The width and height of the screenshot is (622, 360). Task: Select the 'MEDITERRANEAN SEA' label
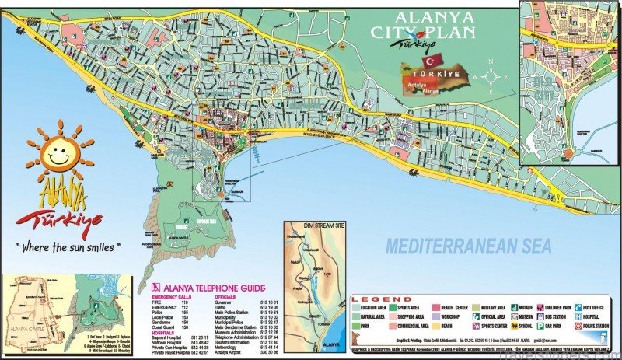[469, 246]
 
